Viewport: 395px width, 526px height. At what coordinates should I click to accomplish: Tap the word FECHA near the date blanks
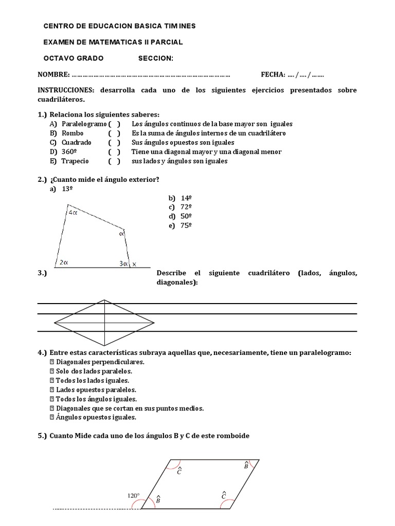[x=272, y=75]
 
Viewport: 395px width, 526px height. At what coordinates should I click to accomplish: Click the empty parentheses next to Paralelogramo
[x=114, y=124]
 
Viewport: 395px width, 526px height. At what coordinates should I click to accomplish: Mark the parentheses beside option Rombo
[x=114, y=133]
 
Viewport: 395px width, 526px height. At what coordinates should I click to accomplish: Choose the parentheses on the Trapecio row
[x=114, y=161]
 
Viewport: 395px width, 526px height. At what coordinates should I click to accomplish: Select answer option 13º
[x=67, y=189]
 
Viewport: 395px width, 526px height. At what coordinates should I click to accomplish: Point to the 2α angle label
[x=64, y=262]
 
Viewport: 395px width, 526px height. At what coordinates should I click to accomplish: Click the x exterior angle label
[x=135, y=264]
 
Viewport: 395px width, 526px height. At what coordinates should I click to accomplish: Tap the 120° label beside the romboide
[x=133, y=496]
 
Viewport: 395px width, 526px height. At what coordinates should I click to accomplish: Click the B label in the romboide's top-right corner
[x=246, y=465]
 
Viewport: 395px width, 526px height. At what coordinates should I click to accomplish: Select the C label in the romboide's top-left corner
[x=178, y=471]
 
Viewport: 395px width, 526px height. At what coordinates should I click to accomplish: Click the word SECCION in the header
[x=155, y=58]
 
